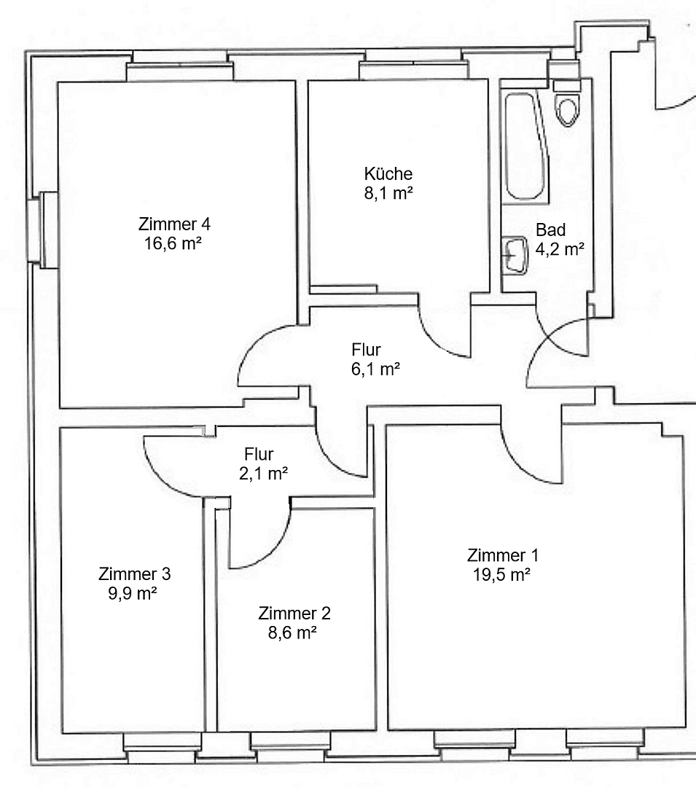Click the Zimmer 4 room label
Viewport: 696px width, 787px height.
click(174, 224)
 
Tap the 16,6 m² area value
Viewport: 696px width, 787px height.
click(173, 243)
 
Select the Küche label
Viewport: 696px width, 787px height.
click(388, 174)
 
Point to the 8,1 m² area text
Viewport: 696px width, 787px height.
click(388, 194)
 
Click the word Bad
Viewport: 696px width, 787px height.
click(550, 230)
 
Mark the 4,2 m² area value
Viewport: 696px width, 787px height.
click(560, 249)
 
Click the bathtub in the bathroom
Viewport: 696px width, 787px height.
click(523, 146)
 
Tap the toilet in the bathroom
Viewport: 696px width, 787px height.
click(566, 106)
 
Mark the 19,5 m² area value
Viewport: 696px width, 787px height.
click(501, 574)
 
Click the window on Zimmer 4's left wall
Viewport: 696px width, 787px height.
click(48, 230)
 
